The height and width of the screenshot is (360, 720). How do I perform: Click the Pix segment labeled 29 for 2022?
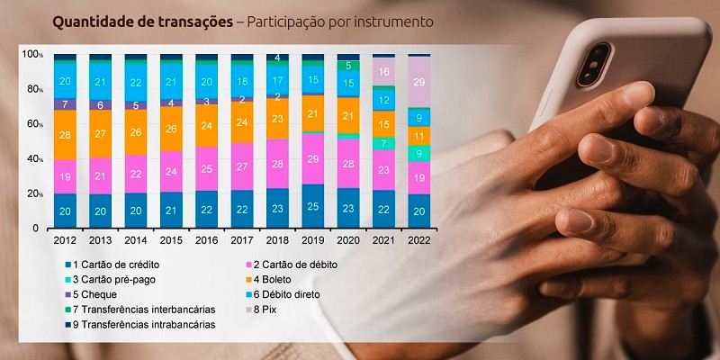tap(418, 82)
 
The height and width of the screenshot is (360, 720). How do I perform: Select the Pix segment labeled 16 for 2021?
tap(383, 71)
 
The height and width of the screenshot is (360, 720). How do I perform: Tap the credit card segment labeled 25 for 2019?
tap(312, 206)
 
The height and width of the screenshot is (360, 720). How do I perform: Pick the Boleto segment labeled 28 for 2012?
tap(64, 135)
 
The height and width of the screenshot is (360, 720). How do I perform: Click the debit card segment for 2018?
tap(277, 164)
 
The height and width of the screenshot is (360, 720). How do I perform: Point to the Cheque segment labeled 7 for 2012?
tap(64, 104)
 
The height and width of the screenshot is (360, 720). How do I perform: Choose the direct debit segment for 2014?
tap(135, 82)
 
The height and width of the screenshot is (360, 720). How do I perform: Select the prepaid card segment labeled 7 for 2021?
tap(383, 143)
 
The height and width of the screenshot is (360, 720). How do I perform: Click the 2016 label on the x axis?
tap(206, 240)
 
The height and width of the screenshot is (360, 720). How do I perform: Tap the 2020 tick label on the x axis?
tap(347, 240)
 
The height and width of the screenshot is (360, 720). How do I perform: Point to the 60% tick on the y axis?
tap(33, 123)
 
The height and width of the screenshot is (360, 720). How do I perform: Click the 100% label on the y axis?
tap(31, 55)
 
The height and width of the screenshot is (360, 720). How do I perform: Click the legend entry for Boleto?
tap(283, 279)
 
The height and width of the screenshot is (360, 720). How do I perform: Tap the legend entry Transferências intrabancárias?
tap(144, 324)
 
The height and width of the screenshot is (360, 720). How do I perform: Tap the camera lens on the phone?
tap(597, 58)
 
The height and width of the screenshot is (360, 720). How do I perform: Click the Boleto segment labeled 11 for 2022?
tap(418, 136)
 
